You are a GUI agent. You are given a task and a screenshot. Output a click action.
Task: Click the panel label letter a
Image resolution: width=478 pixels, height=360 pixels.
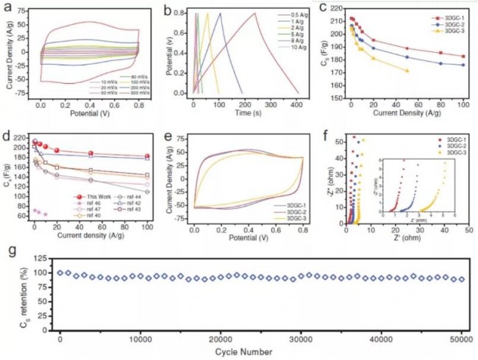[x=5, y=8]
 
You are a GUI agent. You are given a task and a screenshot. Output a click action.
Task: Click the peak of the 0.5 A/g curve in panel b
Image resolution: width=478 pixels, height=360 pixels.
[x=254, y=12]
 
